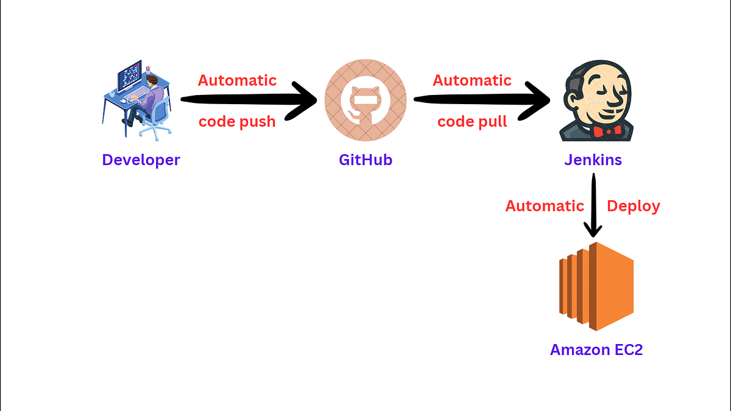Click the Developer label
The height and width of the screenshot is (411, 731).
point(141,160)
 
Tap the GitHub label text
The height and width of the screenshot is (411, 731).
point(365,160)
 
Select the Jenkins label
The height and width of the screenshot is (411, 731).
point(593,160)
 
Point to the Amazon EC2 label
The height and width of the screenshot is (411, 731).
point(596,350)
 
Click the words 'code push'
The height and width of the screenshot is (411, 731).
point(237,121)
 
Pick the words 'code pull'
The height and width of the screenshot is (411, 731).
point(472,121)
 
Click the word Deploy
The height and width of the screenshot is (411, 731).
point(634,206)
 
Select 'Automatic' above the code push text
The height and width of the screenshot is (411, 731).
point(237,80)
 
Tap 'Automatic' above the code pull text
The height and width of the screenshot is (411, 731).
point(472,80)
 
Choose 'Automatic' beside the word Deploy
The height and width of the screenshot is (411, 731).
point(545,206)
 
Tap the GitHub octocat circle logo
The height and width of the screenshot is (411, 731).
point(365,100)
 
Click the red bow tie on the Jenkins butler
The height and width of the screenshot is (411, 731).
point(607,130)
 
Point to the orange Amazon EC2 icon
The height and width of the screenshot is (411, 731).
point(596,286)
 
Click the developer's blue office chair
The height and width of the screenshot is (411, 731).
point(155,119)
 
